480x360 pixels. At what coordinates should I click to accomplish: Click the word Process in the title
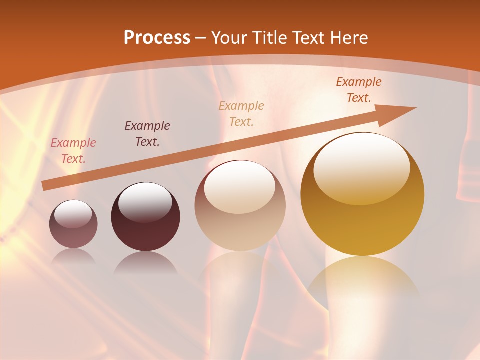[157, 38]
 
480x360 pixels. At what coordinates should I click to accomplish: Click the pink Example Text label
[73, 151]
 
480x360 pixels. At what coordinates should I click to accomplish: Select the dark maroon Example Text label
[147, 133]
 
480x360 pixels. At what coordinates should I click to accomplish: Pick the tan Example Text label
[241, 113]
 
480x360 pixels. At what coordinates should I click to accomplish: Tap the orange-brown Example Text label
[359, 89]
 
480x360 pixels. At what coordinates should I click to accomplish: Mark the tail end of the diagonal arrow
[44, 186]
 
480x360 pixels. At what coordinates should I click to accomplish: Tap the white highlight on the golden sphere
[362, 167]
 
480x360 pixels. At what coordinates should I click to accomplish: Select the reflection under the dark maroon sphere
[145, 263]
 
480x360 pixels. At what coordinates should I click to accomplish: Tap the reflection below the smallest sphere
[73, 256]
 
